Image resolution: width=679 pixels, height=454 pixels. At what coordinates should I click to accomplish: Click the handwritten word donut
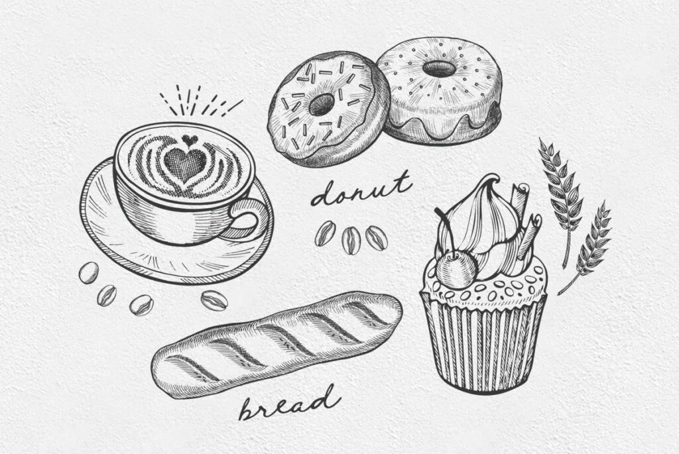(360, 190)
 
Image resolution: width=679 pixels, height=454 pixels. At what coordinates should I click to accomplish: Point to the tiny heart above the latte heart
(189, 139)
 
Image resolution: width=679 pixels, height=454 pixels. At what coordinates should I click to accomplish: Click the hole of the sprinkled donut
(322, 104)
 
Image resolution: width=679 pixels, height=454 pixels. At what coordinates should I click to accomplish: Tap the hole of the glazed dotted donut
(439, 69)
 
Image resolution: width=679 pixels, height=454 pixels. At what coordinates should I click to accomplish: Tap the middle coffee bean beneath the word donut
(351, 240)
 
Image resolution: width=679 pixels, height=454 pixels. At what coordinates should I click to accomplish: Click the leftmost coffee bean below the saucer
(89, 272)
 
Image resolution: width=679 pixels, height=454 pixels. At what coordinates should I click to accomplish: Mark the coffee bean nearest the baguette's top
(214, 300)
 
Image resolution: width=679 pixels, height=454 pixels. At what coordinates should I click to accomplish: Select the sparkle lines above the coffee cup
(199, 101)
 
